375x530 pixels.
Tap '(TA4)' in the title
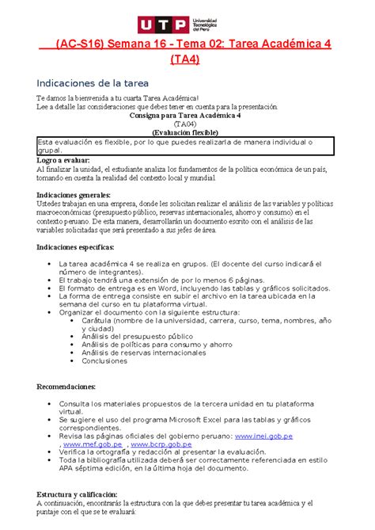pyautogui.click(x=187, y=59)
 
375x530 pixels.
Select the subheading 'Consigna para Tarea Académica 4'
pyautogui.click(x=187, y=115)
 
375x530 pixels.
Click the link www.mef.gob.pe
pyautogui.click(x=97, y=444)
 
